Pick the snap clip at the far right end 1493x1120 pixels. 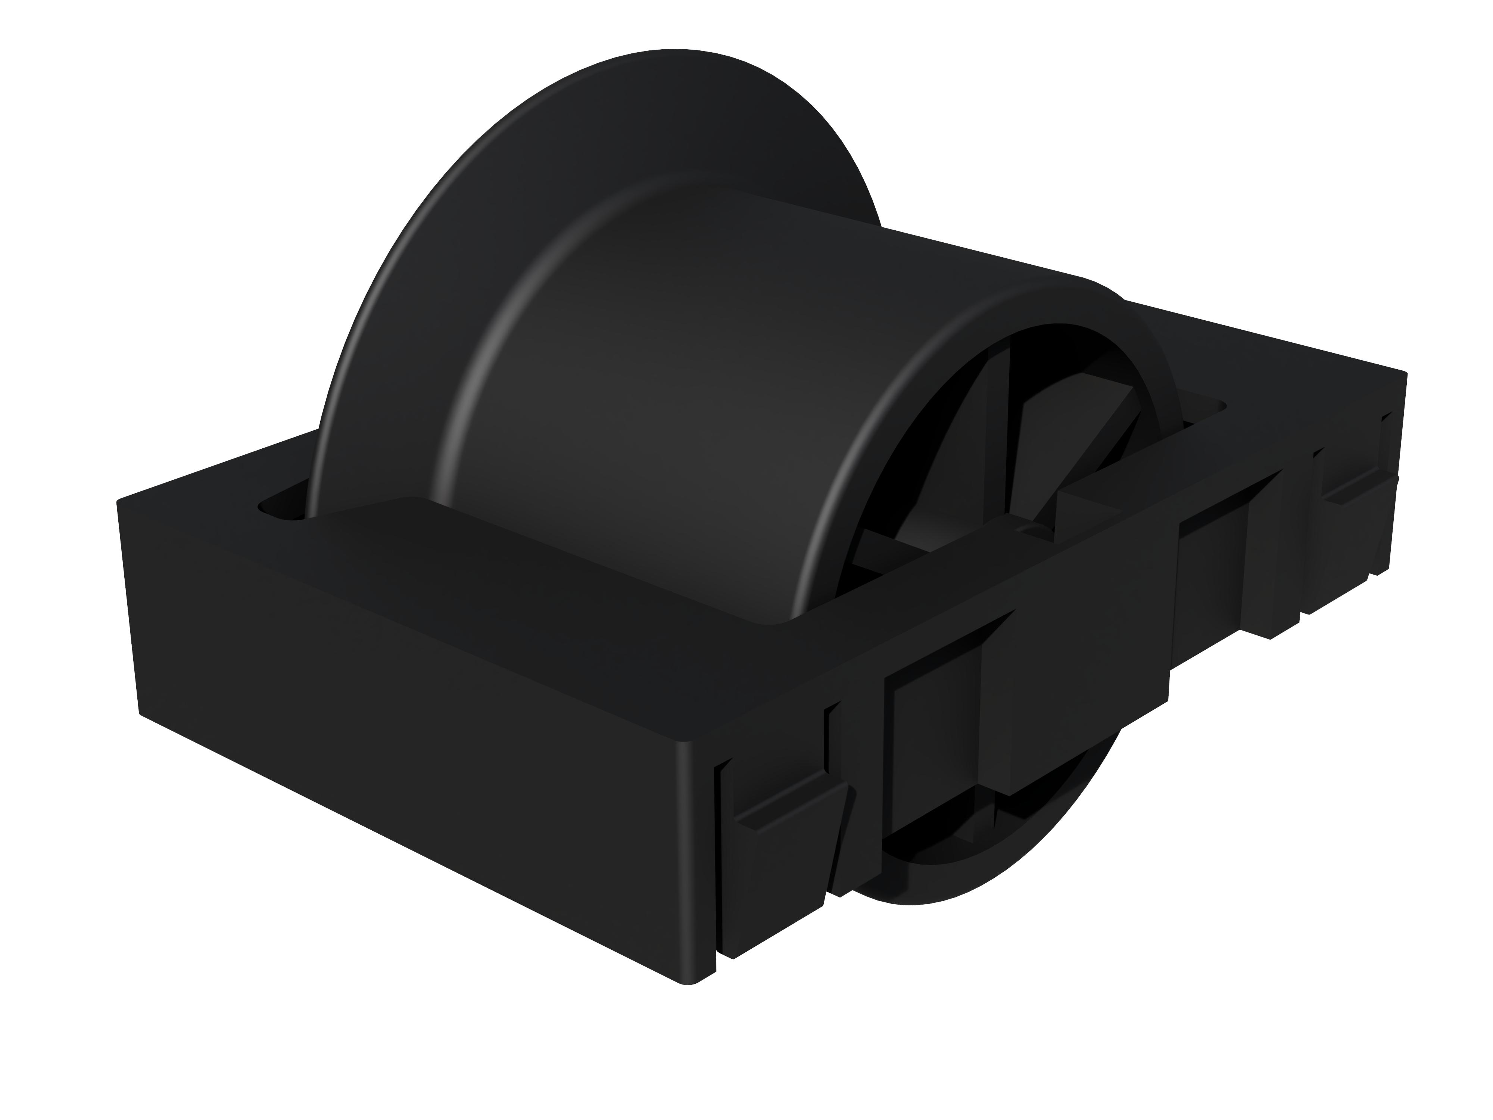click(x=1350, y=513)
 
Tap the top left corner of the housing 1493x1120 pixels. click(x=121, y=503)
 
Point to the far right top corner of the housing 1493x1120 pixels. click(x=1404, y=375)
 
